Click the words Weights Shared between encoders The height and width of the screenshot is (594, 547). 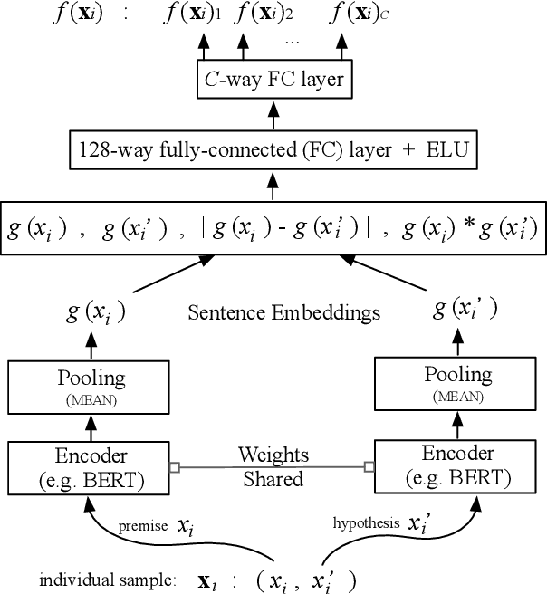(273, 466)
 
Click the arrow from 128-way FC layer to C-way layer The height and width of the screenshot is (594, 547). (273, 113)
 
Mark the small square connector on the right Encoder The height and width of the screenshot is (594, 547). (369, 466)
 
